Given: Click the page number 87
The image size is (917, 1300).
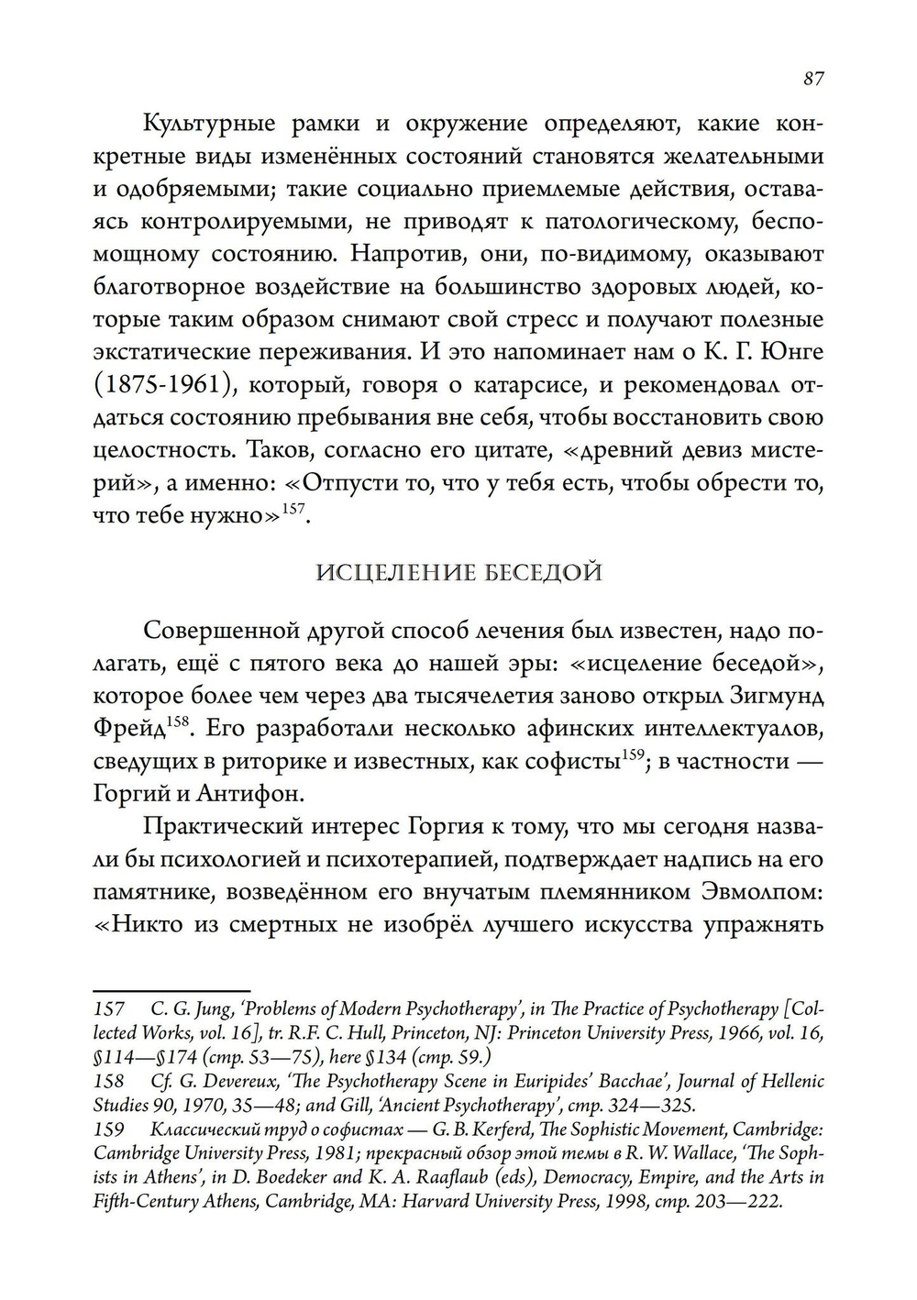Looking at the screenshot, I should (x=812, y=79).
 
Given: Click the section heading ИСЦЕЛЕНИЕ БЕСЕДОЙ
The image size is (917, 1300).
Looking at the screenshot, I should (x=458, y=573).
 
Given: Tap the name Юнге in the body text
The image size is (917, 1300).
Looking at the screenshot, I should (x=790, y=352).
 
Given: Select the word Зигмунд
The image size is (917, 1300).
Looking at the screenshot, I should (x=773, y=696).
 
